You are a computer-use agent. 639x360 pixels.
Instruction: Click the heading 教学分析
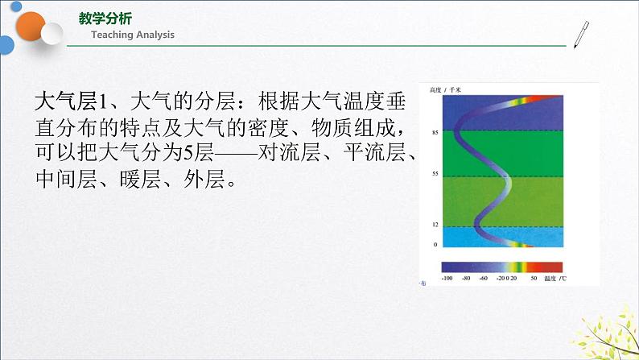point(106,19)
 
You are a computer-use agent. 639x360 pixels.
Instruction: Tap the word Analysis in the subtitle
point(153,35)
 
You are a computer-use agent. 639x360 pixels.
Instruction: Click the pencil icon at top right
point(580,34)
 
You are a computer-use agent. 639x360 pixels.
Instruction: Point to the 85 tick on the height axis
point(435,132)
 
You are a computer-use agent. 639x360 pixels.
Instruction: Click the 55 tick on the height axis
point(435,174)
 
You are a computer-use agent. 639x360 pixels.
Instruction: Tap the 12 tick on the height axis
point(435,225)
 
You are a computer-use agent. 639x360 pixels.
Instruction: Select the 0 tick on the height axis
point(435,244)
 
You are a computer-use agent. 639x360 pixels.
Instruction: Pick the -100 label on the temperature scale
point(448,277)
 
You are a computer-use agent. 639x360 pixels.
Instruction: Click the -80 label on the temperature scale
point(465,277)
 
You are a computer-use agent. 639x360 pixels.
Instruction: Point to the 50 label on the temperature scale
point(533,277)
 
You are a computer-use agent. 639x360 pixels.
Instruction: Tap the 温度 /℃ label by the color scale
point(554,277)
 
